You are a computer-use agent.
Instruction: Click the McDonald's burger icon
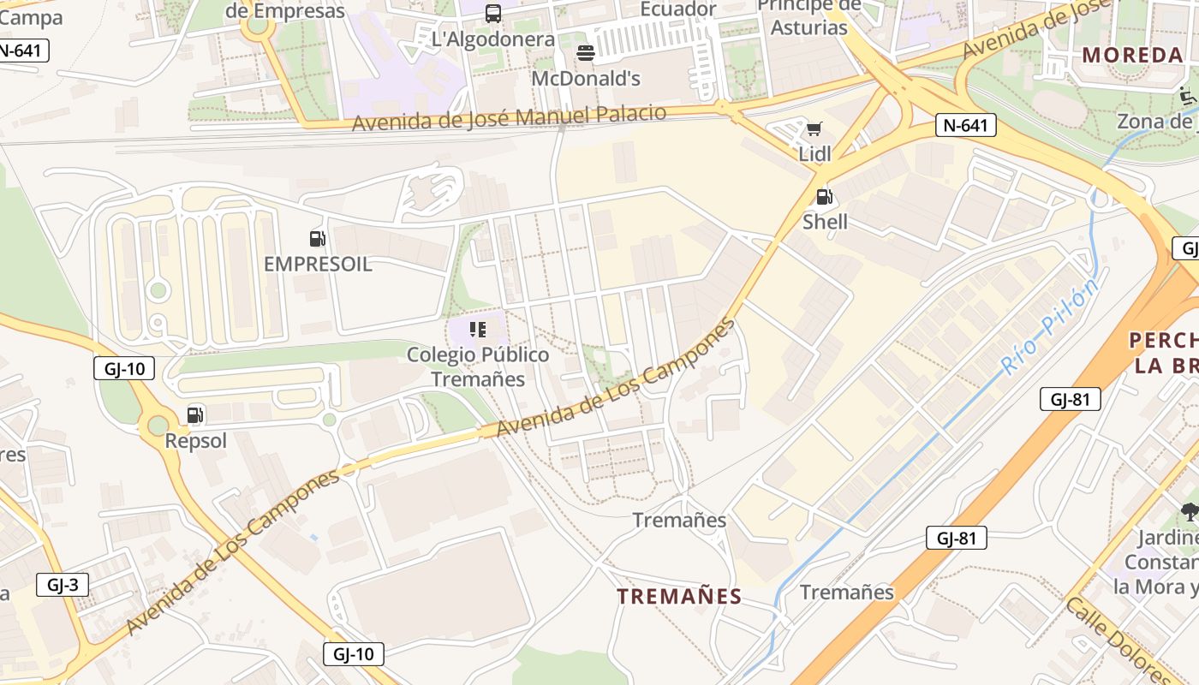(x=586, y=53)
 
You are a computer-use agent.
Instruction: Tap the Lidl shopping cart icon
(x=814, y=129)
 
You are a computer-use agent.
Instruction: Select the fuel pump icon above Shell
(x=824, y=197)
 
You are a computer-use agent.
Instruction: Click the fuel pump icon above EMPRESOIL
(x=318, y=239)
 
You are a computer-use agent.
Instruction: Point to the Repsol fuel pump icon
(x=195, y=415)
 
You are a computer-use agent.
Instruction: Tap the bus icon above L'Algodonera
(x=493, y=13)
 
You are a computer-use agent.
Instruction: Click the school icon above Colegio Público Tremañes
(x=478, y=329)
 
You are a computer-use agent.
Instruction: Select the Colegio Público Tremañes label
(x=478, y=366)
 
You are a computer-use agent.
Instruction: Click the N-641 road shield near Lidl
(x=965, y=125)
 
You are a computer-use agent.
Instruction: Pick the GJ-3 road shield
(x=63, y=585)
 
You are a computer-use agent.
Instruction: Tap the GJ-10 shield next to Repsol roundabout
(x=124, y=369)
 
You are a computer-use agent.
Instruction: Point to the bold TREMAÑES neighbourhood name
(x=679, y=596)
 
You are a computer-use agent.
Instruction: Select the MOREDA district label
(x=1132, y=56)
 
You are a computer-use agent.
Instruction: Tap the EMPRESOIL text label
(x=318, y=264)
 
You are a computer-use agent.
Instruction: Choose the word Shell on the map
(x=825, y=222)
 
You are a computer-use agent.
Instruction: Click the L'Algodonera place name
(x=493, y=39)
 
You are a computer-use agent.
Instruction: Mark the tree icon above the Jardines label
(x=1189, y=512)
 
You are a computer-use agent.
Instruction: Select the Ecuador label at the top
(x=678, y=9)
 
